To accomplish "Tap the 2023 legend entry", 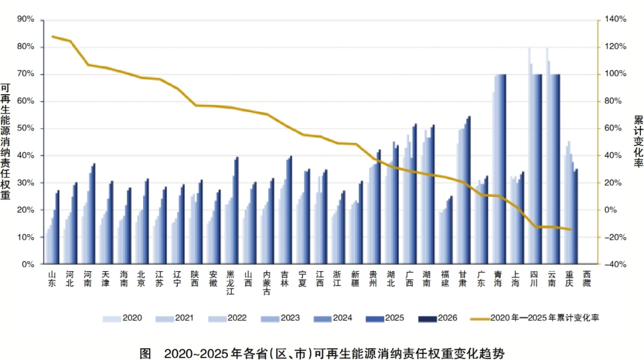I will coord(280,318).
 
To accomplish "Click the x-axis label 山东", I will coord(52,279).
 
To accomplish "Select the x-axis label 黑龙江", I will coord(231,283).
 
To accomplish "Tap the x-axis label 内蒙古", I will coord(267,283).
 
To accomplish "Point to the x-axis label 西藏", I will coord(587,279).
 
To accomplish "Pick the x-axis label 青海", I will coord(498,279).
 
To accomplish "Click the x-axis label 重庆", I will coord(569,279).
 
